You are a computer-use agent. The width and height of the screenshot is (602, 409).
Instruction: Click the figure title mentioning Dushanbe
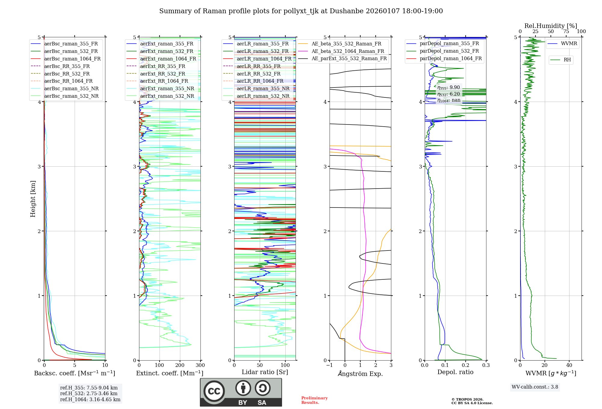click(301, 11)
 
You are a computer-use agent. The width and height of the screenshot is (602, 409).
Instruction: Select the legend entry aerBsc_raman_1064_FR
click(72, 59)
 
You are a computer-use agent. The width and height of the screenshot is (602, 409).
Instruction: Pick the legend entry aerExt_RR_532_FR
click(163, 74)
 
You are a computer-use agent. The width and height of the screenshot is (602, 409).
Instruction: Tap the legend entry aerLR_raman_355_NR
click(263, 88)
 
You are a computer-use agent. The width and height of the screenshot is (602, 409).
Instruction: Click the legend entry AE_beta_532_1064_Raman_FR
click(348, 51)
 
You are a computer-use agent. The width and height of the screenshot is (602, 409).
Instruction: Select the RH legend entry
click(567, 60)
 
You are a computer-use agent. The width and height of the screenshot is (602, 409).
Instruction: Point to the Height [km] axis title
click(33, 198)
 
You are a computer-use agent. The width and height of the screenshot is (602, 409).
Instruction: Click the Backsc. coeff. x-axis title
click(75, 373)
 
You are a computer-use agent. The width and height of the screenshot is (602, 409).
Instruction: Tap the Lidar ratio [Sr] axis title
click(265, 372)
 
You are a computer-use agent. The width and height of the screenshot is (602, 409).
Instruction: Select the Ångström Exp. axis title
click(360, 374)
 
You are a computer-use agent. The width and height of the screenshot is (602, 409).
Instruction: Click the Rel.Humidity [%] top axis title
click(551, 26)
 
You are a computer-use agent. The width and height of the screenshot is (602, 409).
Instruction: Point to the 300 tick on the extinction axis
click(200, 365)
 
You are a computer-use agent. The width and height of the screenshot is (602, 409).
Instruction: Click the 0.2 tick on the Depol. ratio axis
click(466, 365)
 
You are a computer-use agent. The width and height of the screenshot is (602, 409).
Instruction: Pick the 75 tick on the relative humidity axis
click(566, 32)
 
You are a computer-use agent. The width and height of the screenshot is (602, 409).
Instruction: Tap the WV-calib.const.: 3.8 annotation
click(535, 387)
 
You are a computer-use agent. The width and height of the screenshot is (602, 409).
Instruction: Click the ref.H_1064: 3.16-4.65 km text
click(90, 400)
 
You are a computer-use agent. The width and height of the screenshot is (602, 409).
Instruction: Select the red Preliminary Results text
click(314, 400)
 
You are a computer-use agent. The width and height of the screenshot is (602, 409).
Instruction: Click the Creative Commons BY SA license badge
click(241, 392)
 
